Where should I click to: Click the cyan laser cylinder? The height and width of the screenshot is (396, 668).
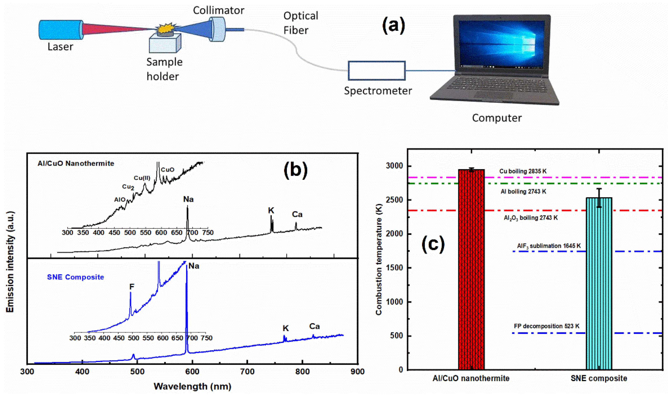pyautogui.click(x=61, y=30)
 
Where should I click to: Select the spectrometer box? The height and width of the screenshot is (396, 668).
pyautogui.click(x=376, y=71)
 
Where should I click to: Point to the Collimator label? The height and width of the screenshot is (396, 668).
pyautogui.click(x=218, y=10)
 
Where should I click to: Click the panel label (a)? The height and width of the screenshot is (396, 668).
pyautogui.click(x=393, y=25)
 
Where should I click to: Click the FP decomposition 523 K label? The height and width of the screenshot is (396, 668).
pyautogui.click(x=546, y=326)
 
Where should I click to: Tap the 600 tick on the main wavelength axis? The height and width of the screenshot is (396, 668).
pyautogui.click(x=192, y=371)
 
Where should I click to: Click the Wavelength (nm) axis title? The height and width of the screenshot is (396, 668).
pyautogui.click(x=192, y=386)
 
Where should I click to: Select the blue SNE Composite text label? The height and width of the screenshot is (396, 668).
pyautogui.click(x=76, y=277)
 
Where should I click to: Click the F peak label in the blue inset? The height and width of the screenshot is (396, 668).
pyautogui.click(x=132, y=287)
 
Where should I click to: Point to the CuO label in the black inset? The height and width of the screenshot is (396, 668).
pyautogui.click(x=168, y=170)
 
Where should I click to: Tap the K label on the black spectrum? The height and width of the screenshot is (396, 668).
pyautogui.click(x=271, y=211)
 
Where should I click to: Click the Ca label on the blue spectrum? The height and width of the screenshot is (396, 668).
pyautogui.click(x=314, y=326)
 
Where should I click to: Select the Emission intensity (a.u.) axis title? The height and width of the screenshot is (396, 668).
pyautogui.click(x=10, y=262)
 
